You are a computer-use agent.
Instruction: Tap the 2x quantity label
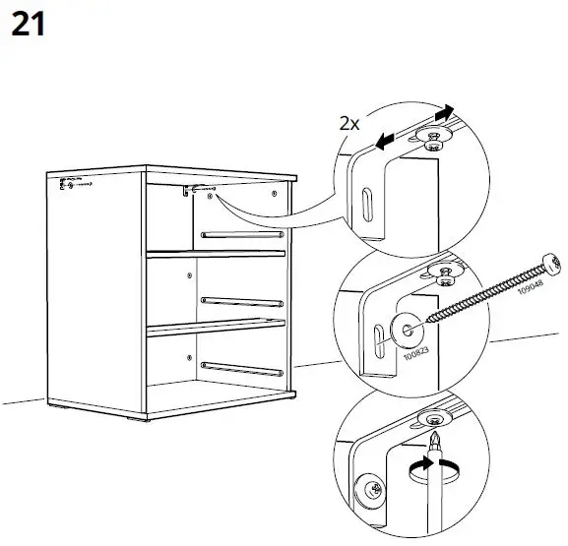tap(348, 124)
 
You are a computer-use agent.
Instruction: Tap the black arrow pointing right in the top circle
tap(448, 114)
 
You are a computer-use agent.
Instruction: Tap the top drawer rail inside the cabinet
tap(242, 234)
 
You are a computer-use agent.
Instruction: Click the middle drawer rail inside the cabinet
tap(242, 298)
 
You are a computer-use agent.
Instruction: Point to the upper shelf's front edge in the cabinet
tap(217, 255)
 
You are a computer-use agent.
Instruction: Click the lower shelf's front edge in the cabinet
tap(217, 327)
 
